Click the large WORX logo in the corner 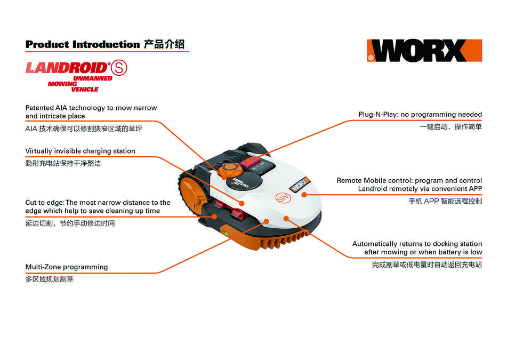click(424, 51)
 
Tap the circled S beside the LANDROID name click(119, 68)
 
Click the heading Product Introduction click(83, 44)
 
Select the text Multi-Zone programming click(67, 267)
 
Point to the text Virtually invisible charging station click(80, 151)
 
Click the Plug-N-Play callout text click(420, 115)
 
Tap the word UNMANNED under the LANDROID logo click(93, 78)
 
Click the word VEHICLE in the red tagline click(85, 89)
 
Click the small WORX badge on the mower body click(300, 184)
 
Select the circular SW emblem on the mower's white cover click(283, 198)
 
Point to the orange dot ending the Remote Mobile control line click(304, 195)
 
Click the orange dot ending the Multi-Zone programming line click(267, 221)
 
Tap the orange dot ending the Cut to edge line click(214, 217)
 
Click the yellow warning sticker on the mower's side click(224, 232)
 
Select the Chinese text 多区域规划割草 click(50, 279)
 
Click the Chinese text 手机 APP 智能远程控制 click(445, 201)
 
